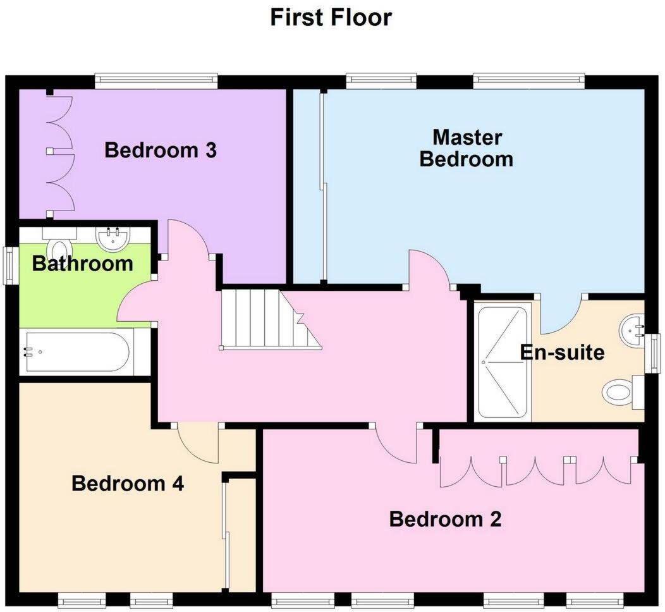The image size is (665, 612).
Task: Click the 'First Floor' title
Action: coord(331,17)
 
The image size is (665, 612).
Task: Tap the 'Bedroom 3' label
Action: coord(161,151)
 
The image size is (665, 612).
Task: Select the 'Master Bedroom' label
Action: coord(467,148)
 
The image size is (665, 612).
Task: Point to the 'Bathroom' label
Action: coord(82,264)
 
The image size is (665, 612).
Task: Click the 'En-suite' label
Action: coord(562,352)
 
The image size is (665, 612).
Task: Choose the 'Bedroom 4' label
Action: coord(128,484)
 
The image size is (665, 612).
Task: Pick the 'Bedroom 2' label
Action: coord(445,520)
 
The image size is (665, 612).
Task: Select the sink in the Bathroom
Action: coord(113,238)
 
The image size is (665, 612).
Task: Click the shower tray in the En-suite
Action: coord(502,363)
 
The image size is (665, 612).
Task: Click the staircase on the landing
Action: coord(265,319)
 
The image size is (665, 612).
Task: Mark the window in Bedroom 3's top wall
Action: coord(156,81)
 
